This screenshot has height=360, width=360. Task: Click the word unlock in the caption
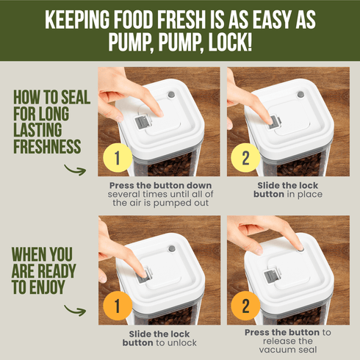pyautogui.click(x=183, y=342)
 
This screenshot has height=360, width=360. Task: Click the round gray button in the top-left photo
pyautogui.click(x=172, y=95)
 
